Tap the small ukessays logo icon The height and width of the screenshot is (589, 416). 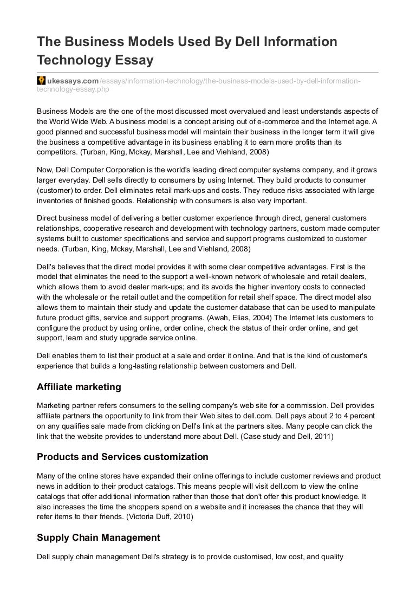pyautogui.click(x=41, y=80)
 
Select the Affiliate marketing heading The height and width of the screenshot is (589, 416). pyautogui.click(x=79, y=387)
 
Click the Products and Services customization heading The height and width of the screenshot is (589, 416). pyautogui.click(x=122, y=457)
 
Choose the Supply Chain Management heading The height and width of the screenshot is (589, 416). pyautogui.click(x=99, y=538)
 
